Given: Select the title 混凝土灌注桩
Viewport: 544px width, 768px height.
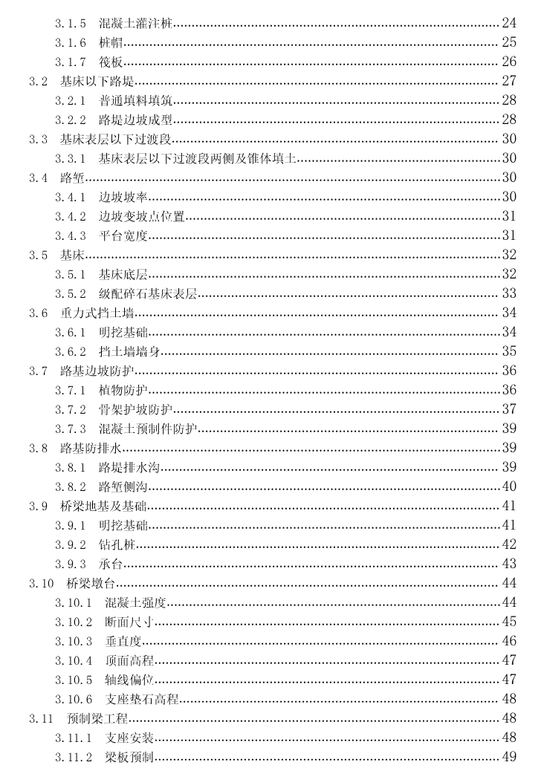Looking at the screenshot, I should pos(135,23).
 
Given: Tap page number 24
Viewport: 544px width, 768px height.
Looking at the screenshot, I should pos(509,23).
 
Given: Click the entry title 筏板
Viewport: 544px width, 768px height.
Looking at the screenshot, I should pos(111,62).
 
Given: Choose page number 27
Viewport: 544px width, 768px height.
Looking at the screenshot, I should pos(509,81).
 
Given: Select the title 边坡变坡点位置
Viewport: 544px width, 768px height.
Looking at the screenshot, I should pos(141,216).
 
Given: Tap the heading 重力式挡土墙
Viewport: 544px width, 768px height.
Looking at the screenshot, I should pos(97,313).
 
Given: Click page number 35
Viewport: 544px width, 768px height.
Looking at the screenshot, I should pos(509,351).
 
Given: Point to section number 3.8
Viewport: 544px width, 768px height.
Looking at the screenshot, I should pos(39,448).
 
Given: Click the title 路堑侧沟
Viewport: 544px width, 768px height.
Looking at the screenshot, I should pos(123,486).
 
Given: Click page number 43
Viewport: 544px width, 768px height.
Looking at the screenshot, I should pos(509,564).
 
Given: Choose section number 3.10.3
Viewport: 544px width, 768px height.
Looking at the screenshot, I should pos(73,641).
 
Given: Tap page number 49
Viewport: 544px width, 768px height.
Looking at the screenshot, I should pos(509,757).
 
